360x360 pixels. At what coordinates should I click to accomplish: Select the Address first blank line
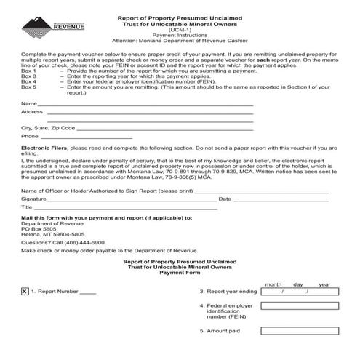click(x=149, y=113)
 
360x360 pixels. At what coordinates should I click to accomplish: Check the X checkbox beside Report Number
click(x=25, y=291)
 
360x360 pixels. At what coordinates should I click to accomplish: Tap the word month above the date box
click(x=273, y=284)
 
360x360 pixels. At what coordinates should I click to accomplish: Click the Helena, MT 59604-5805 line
click(x=52, y=234)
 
